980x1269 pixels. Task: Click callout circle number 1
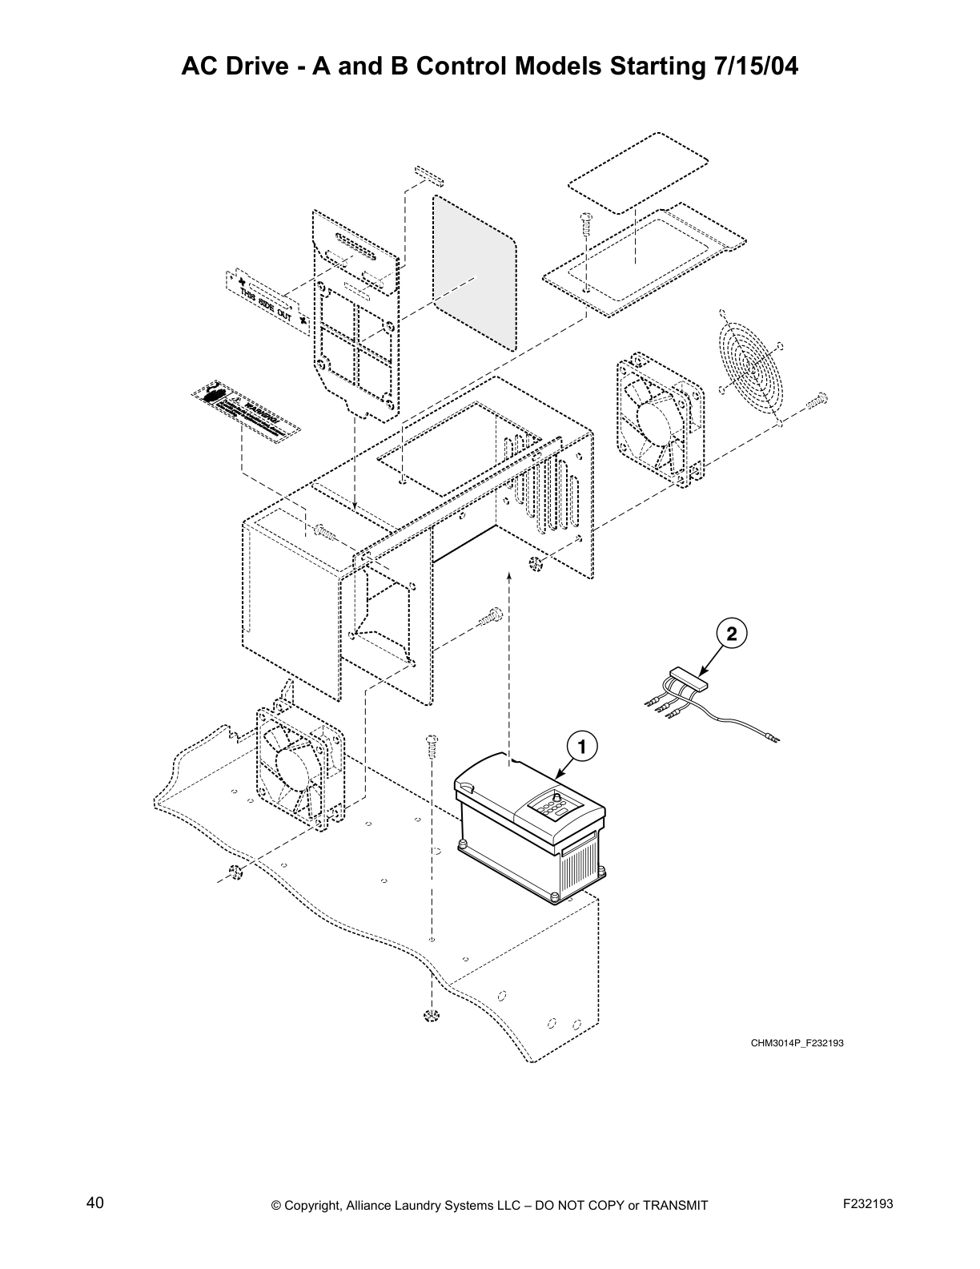pyautogui.click(x=583, y=747)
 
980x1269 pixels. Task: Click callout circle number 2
pyautogui.click(x=731, y=633)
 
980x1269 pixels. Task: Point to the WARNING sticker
pyautogui.click(x=246, y=411)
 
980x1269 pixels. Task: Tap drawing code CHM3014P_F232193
pyautogui.click(x=797, y=1043)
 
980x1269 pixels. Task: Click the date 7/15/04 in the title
pyautogui.click(x=753, y=66)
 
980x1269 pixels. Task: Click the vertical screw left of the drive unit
pyautogui.click(x=431, y=747)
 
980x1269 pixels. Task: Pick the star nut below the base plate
pyautogui.click(x=431, y=1016)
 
